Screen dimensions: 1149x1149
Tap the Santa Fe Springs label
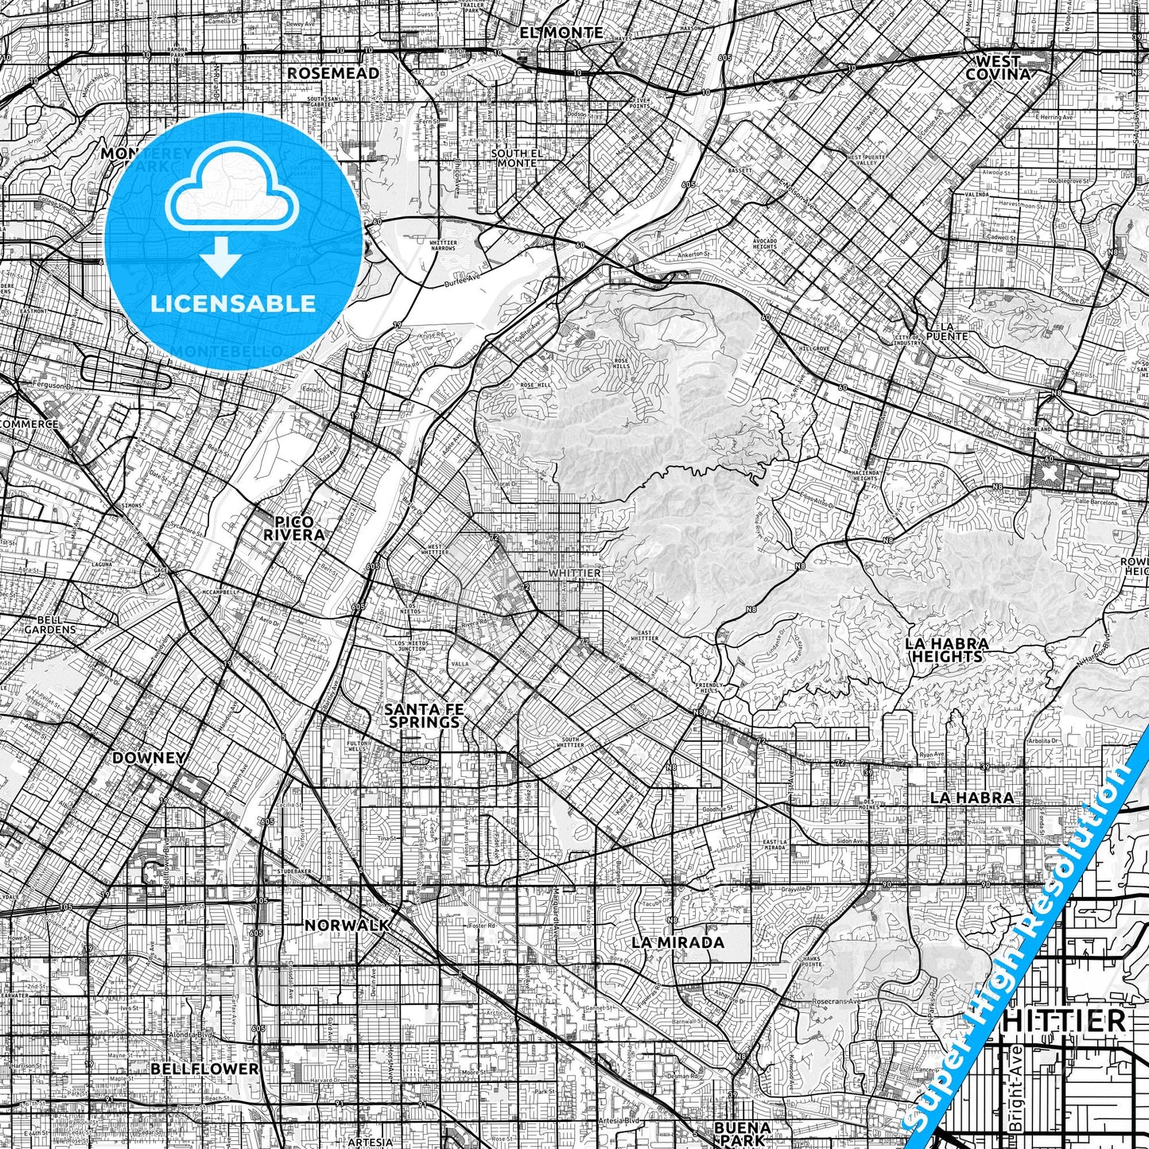click(x=422, y=715)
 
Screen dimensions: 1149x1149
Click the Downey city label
click(x=149, y=757)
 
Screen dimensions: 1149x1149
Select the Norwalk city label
click(x=347, y=925)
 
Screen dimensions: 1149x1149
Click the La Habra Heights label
click(x=947, y=650)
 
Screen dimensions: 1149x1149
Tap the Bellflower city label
click(x=204, y=1068)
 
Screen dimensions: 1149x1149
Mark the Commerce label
click(x=29, y=424)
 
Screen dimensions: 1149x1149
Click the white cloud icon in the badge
click(x=231, y=192)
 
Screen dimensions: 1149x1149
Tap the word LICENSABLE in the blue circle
click(x=233, y=303)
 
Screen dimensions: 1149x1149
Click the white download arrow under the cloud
click(x=222, y=258)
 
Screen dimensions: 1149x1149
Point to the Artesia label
click(x=371, y=1141)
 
